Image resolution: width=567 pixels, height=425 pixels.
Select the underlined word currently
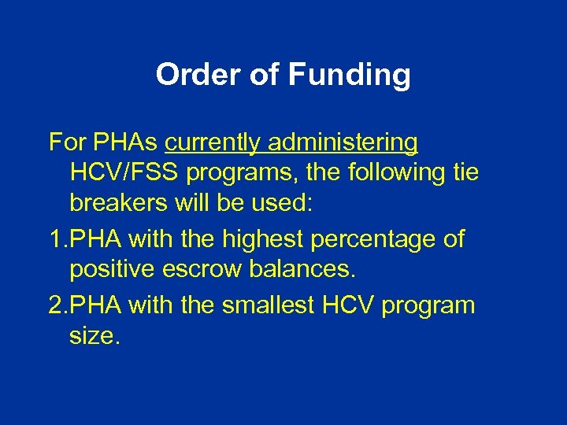point(213,143)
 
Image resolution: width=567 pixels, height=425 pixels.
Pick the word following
point(398,172)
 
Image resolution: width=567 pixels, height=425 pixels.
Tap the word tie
point(464,172)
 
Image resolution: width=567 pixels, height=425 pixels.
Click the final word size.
point(94,336)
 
